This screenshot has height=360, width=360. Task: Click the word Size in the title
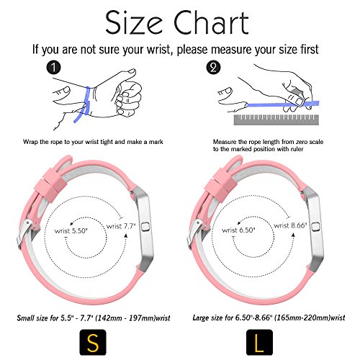134,22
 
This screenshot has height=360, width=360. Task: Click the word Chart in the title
211,22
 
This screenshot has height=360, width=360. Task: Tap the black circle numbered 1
53,68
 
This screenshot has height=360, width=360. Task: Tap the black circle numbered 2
213,67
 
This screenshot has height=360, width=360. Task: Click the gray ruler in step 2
276,120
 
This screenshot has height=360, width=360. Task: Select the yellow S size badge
93,342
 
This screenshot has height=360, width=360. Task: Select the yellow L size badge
259,342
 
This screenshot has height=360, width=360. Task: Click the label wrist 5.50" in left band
71,231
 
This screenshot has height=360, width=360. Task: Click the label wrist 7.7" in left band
121,226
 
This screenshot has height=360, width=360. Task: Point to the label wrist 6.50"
238,230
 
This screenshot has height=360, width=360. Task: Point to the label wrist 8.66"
290,225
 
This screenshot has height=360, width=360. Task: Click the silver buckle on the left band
27,233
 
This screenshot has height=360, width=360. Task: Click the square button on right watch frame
315,227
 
